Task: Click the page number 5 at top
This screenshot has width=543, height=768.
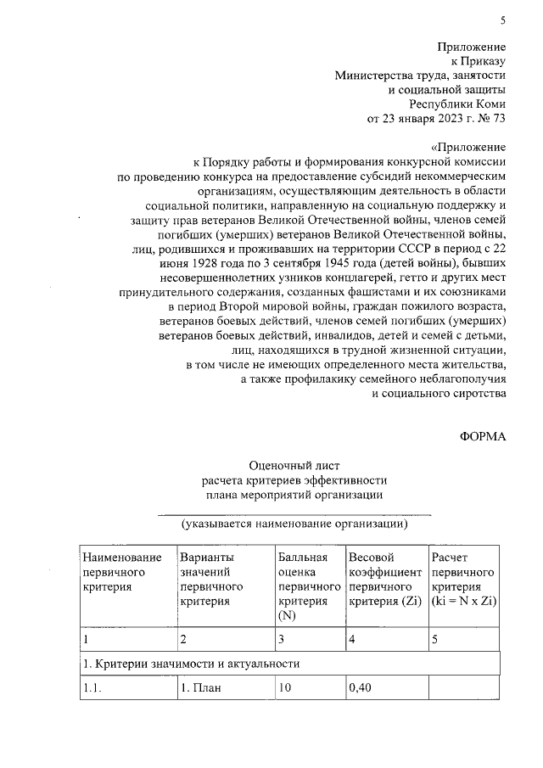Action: pyautogui.click(x=502, y=20)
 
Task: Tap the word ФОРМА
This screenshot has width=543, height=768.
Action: pyautogui.click(x=483, y=436)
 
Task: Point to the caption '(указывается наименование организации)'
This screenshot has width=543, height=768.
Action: pyautogui.click(x=294, y=524)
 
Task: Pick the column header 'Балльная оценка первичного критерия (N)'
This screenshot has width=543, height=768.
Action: pyautogui.click(x=303, y=586)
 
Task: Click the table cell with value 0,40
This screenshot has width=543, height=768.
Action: pyautogui.click(x=361, y=688)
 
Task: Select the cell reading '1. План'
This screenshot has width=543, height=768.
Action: pyautogui.click(x=200, y=688)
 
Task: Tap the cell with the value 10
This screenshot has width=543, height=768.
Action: pyautogui.click(x=285, y=688)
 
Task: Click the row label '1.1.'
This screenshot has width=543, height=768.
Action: pyautogui.click(x=92, y=688)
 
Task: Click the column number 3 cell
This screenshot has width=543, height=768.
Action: pyautogui.click(x=282, y=638)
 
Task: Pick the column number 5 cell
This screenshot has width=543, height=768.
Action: pyautogui.click(x=435, y=638)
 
